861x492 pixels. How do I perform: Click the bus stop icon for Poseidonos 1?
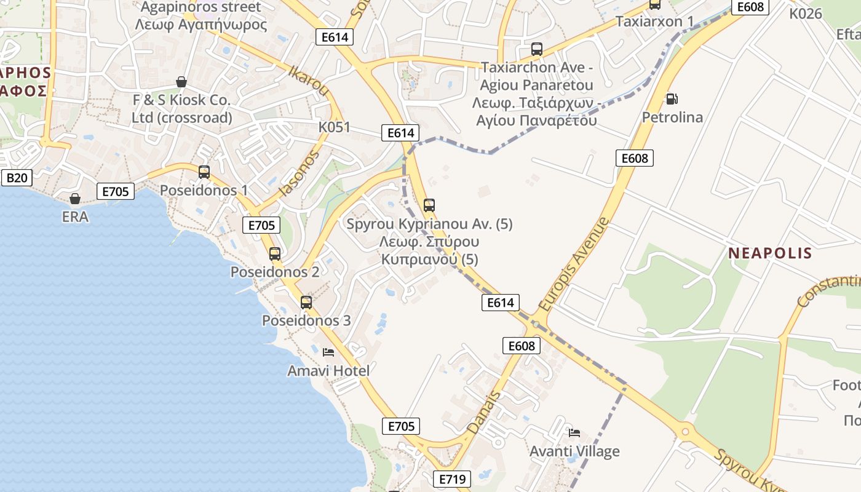coord(204,172)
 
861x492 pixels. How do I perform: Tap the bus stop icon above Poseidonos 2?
coord(275,253)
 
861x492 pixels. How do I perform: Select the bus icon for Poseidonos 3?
coord(306,302)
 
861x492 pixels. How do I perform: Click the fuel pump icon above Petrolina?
coord(672,98)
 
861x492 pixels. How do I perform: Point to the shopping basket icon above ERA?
coord(75,199)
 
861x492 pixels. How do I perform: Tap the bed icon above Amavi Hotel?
coord(328,352)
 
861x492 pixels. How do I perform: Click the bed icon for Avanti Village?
coord(574,433)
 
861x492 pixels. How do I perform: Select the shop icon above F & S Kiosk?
coord(181,82)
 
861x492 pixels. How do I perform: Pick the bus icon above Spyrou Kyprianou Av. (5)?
coord(429,205)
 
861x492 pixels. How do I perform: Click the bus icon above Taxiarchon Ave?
coord(537,49)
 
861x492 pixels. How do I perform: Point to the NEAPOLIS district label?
coord(770,253)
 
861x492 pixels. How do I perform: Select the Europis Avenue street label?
coord(573,264)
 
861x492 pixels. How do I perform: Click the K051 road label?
coord(334,127)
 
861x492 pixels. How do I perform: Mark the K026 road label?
coord(806,14)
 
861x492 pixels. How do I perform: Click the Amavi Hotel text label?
coord(328,371)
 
